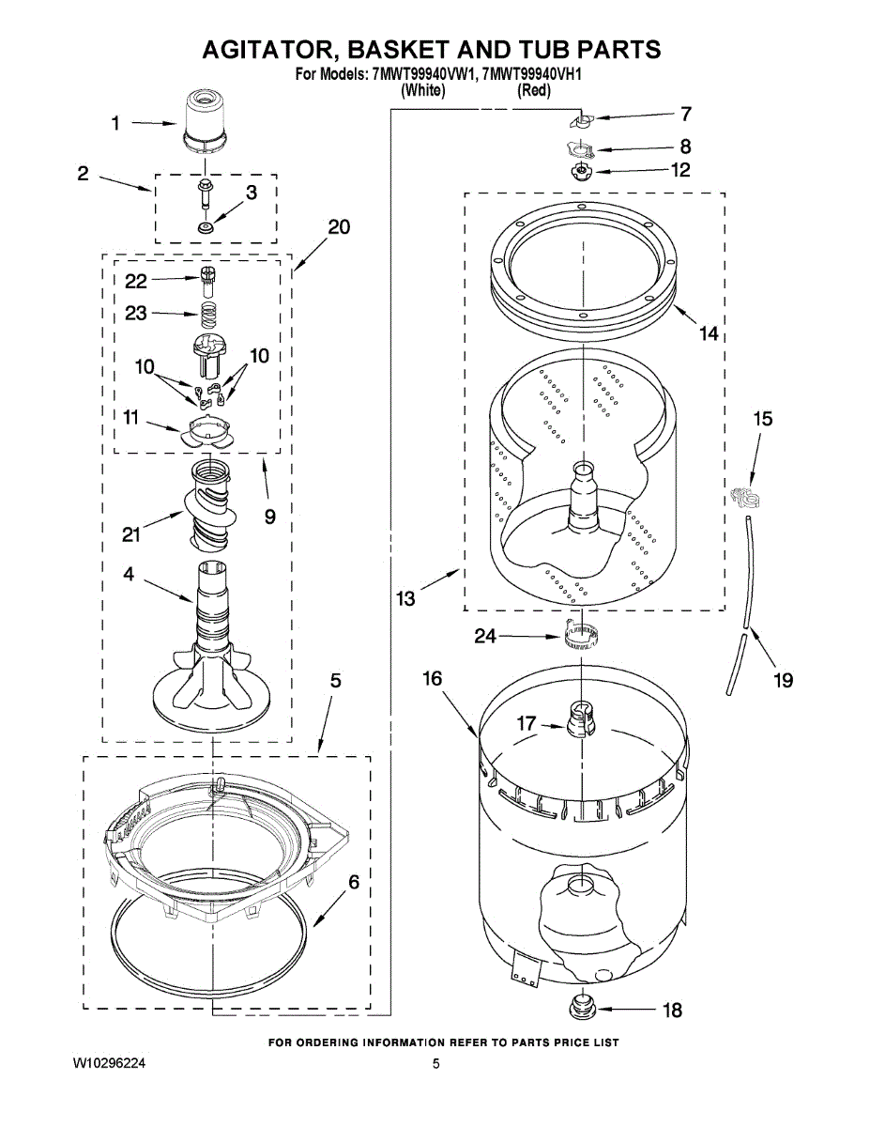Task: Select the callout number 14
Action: click(x=709, y=333)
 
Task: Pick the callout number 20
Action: click(x=339, y=227)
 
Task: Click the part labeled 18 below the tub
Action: click(x=580, y=1009)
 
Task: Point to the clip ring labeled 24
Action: click(x=581, y=636)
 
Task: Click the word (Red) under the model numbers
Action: click(x=534, y=91)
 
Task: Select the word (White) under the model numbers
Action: click(x=422, y=91)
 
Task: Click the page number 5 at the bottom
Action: click(x=435, y=1063)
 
